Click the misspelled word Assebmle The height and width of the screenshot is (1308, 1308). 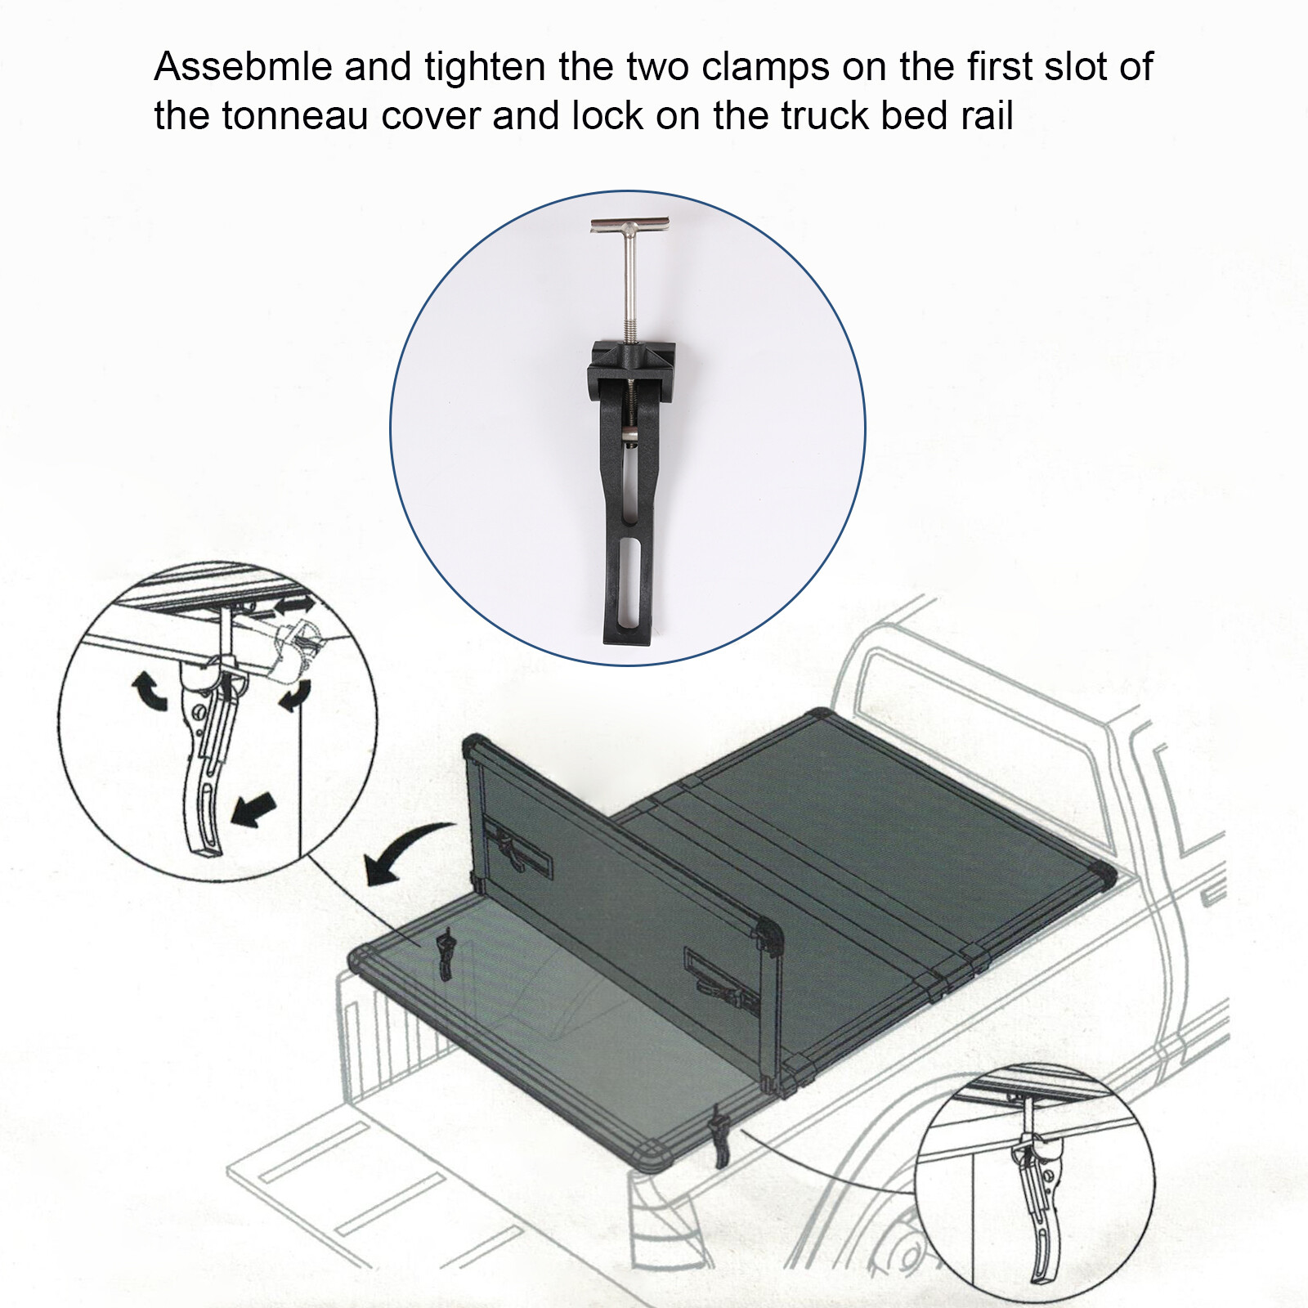pyautogui.click(x=243, y=67)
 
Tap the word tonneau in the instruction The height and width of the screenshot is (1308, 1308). pyautogui.click(x=294, y=116)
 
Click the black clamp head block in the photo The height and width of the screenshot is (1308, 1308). pyautogui.click(x=633, y=362)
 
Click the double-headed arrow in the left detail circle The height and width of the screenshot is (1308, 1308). pyautogui.click(x=293, y=607)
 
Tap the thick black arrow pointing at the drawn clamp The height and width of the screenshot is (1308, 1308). pyautogui.click(x=254, y=809)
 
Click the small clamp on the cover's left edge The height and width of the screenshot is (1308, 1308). pyautogui.click(x=446, y=952)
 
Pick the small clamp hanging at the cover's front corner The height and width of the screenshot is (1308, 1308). pyautogui.click(x=720, y=1136)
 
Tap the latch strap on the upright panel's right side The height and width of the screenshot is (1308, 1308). pyautogui.click(x=719, y=977)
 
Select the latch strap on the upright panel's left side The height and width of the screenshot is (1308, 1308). pyautogui.click(x=517, y=848)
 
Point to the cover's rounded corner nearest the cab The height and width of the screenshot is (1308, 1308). pyautogui.click(x=1103, y=873)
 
